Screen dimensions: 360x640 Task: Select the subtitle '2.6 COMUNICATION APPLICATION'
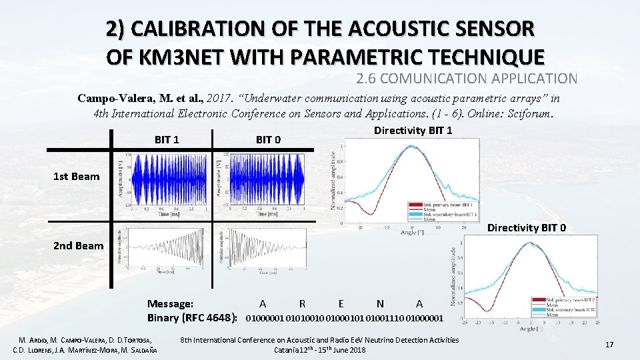pos(467,79)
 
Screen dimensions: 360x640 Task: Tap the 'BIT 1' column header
pos(167,139)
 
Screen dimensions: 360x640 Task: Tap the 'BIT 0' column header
pos(268,139)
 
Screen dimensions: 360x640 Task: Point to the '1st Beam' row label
pos(77,177)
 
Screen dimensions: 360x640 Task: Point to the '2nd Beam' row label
pos(79,245)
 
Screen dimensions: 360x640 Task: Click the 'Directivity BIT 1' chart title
pos(413,130)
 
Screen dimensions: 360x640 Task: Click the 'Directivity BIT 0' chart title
pos(527,228)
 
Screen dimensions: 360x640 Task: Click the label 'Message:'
pos(171,303)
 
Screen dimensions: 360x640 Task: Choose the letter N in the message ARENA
pos(380,303)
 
